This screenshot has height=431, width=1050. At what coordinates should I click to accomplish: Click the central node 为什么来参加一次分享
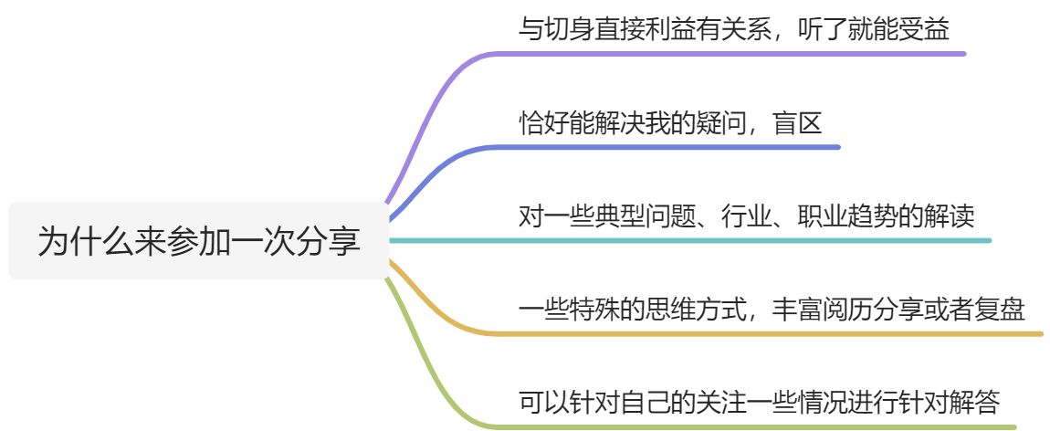[x=199, y=241]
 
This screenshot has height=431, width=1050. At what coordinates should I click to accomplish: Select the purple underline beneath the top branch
[x=730, y=53]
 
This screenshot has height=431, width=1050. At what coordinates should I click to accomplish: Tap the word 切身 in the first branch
[x=567, y=30]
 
